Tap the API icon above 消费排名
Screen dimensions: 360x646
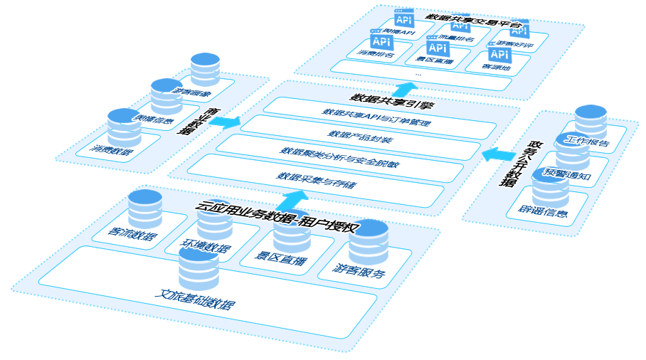[381, 41]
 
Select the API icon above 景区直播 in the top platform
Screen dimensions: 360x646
[438, 48]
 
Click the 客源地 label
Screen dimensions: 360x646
[497, 66]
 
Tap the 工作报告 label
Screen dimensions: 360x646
[586, 142]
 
